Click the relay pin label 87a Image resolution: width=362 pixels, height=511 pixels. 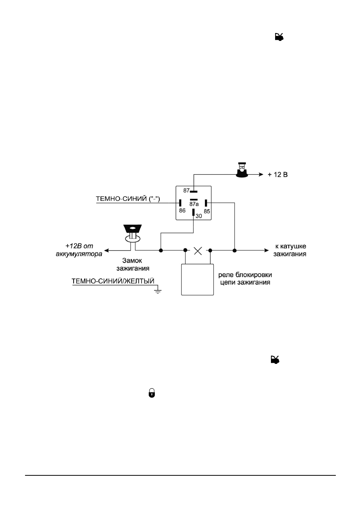coord(194,204)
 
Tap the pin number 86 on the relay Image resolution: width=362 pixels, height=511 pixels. coord(182,210)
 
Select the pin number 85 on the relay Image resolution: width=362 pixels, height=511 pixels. coord(207,212)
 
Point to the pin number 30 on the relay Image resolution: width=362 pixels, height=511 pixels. coord(199,216)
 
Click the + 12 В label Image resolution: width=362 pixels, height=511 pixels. coord(277,175)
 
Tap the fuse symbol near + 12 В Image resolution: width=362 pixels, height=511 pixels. coord(242,170)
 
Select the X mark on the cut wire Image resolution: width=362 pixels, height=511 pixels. coord(198,251)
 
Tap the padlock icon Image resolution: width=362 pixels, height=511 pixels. coord(152,393)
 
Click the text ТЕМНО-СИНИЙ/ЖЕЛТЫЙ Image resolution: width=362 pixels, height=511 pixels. coord(113,281)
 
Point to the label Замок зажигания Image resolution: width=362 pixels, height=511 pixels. coord(133,264)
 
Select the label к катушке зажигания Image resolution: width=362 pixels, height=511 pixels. coord(290,250)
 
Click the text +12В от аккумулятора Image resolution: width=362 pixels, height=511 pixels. coord(79,250)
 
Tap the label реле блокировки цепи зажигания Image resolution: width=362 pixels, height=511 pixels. coord(245,278)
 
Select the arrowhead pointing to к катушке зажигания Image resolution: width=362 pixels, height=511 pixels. coord(266,251)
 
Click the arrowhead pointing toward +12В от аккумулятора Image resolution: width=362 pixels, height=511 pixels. coord(107,251)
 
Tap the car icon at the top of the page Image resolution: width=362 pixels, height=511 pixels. coord(279,37)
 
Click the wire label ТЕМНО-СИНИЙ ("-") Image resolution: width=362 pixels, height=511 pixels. coord(128,199)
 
